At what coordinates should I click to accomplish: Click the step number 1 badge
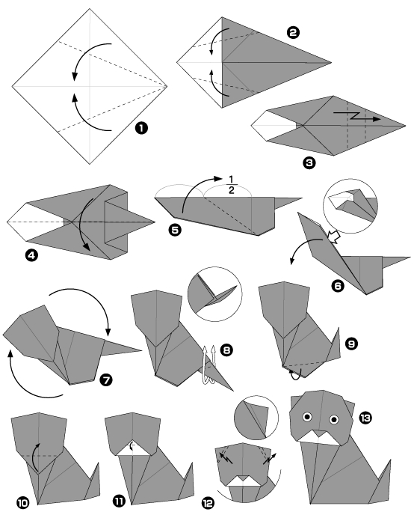click(x=140, y=129)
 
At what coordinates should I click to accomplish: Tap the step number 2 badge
click(x=293, y=32)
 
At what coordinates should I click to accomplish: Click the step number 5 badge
click(x=175, y=231)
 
